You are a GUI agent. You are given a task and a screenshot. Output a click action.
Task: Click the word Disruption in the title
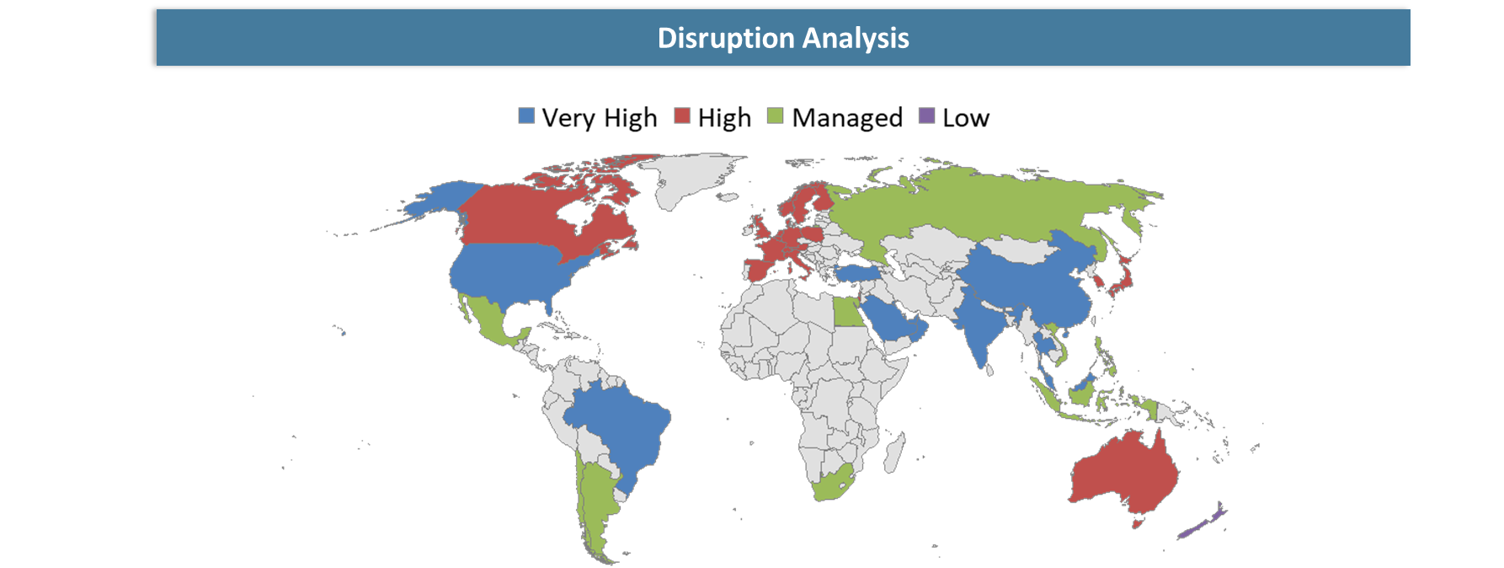point(725,38)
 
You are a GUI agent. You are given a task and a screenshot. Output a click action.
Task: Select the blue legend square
point(526,115)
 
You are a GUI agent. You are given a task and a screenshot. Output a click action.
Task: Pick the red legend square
point(682,115)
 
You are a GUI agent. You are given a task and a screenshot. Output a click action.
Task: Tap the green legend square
point(775,115)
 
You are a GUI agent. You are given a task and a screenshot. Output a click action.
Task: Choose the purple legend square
point(926,115)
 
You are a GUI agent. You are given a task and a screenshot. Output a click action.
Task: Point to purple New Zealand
point(1200,525)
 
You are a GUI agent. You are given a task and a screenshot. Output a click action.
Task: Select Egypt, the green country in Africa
point(845,314)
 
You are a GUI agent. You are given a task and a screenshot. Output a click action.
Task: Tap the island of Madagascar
point(894,451)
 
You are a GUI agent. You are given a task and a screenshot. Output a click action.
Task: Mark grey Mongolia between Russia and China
point(1023,249)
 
